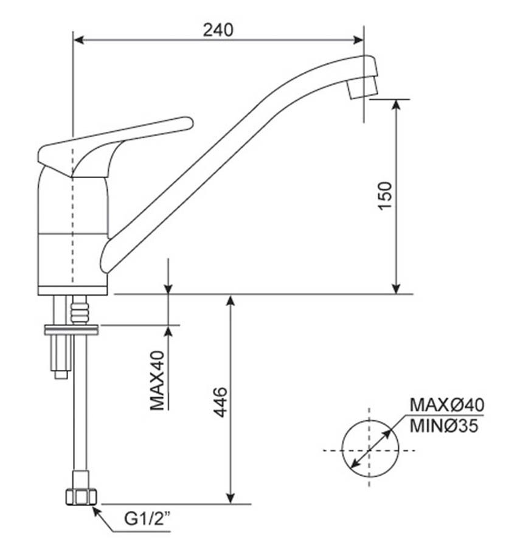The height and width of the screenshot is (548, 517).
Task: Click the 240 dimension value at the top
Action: click(x=218, y=29)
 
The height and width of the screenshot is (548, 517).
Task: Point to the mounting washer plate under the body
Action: click(x=71, y=330)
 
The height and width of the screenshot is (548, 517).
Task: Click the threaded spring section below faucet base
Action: click(x=80, y=310)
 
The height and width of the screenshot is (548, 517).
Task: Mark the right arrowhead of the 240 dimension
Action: click(x=358, y=41)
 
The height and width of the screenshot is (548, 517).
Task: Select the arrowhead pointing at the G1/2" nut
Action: click(x=95, y=510)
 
